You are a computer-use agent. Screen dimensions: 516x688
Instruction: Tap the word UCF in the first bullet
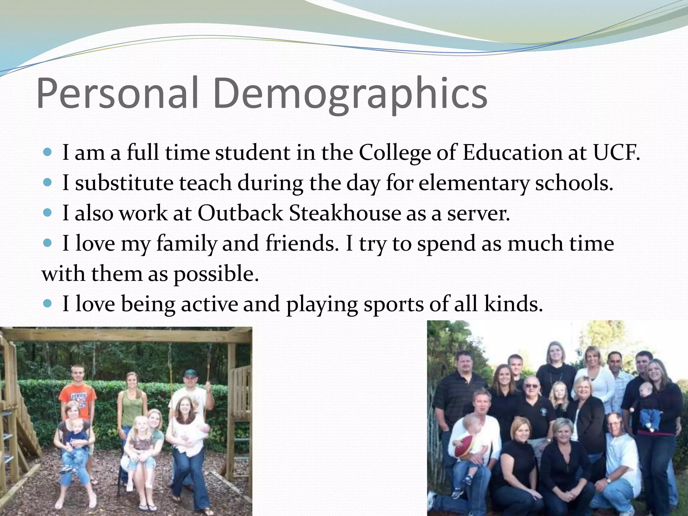point(616,153)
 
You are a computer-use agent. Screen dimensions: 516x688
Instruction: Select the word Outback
point(241,213)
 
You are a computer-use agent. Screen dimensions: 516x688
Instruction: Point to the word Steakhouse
point(345,213)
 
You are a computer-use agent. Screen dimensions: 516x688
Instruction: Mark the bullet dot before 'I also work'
point(48,213)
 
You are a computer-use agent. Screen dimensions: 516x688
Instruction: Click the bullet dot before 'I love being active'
point(48,303)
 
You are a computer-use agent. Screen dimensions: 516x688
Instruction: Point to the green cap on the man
point(190,373)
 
